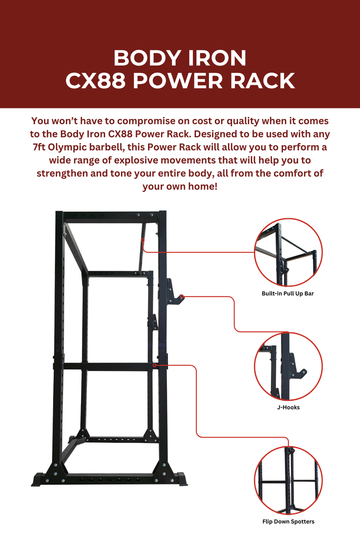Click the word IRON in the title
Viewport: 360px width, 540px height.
pyautogui.click(x=215, y=58)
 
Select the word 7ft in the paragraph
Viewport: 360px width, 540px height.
pyautogui.click(x=38, y=148)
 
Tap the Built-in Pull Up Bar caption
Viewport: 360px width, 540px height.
pyautogui.click(x=287, y=293)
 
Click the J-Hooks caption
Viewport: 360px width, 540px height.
pyautogui.click(x=287, y=407)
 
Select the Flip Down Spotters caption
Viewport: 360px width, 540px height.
pyautogui.click(x=288, y=521)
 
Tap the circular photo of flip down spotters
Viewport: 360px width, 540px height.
pyautogui.click(x=288, y=480)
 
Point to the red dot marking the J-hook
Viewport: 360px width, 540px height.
pyautogui.click(x=181, y=297)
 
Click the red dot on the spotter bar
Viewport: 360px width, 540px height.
pyautogui.click(x=154, y=365)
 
